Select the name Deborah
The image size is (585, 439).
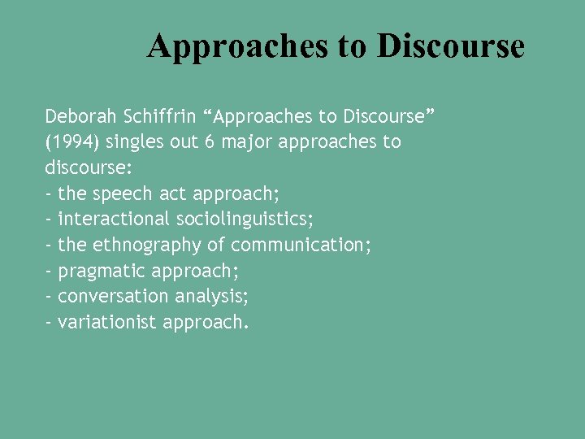(x=80, y=116)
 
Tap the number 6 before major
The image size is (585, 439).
(x=210, y=142)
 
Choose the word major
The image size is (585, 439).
(x=247, y=142)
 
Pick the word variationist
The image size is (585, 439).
(x=106, y=322)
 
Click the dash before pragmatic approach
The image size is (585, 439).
(x=50, y=271)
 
